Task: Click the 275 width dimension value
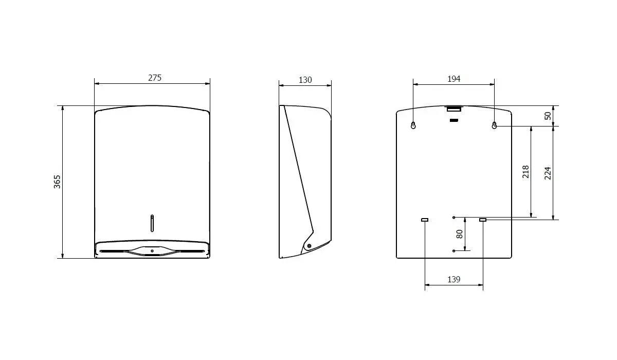tap(155, 78)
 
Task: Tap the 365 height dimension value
tap(57, 182)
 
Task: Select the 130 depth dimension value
tap(305, 80)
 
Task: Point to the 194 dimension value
tap(453, 79)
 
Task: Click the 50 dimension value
tap(548, 116)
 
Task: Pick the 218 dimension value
tap(526, 172)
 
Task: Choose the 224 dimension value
tap(548, 173)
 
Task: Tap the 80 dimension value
tap(460, 234)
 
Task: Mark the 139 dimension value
tap(453, 279)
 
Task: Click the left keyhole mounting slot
tap(413, 125)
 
